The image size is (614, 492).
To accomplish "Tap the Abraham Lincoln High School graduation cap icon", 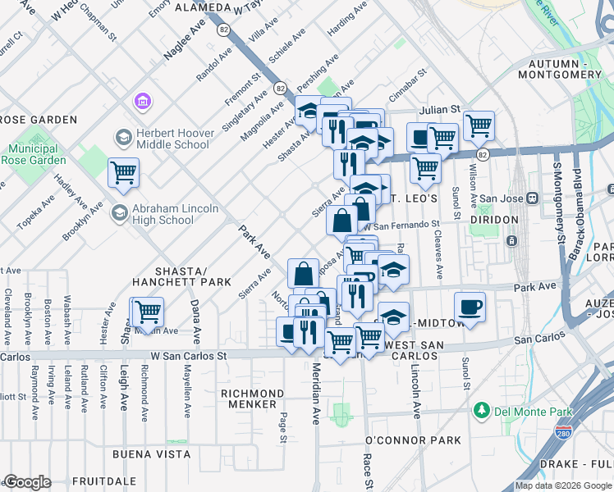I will click(x=120, y=213).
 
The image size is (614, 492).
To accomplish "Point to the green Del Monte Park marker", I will click(x=482, y=409).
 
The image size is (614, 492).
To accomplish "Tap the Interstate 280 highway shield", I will click(x=563, y=430).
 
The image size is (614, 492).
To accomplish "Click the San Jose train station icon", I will click(x=532, y=198).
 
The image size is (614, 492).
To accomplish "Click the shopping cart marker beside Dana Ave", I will click(x=148, y=312).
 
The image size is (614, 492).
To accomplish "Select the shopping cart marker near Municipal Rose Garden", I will click(x=124, y=173).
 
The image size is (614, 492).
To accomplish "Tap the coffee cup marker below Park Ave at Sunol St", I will click(x=470, y=307).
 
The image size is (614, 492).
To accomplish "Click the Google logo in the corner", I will click(x=28, y=482).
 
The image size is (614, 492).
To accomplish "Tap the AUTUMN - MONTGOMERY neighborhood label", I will click(x=566, y=69).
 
